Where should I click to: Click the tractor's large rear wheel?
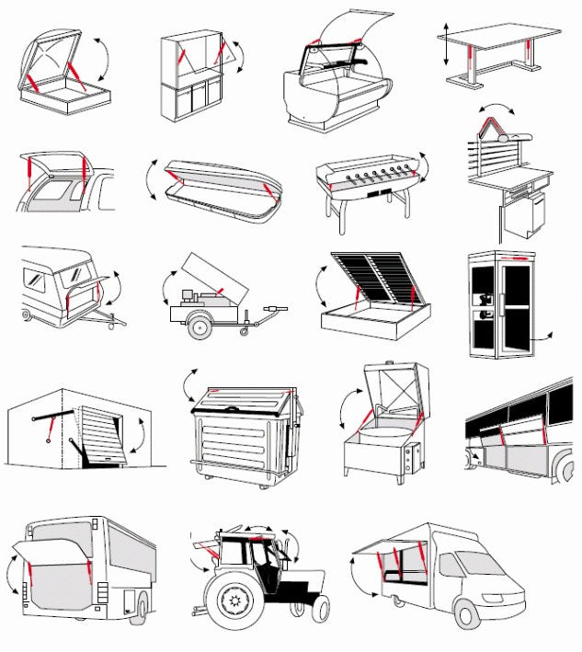coord(230,602)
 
